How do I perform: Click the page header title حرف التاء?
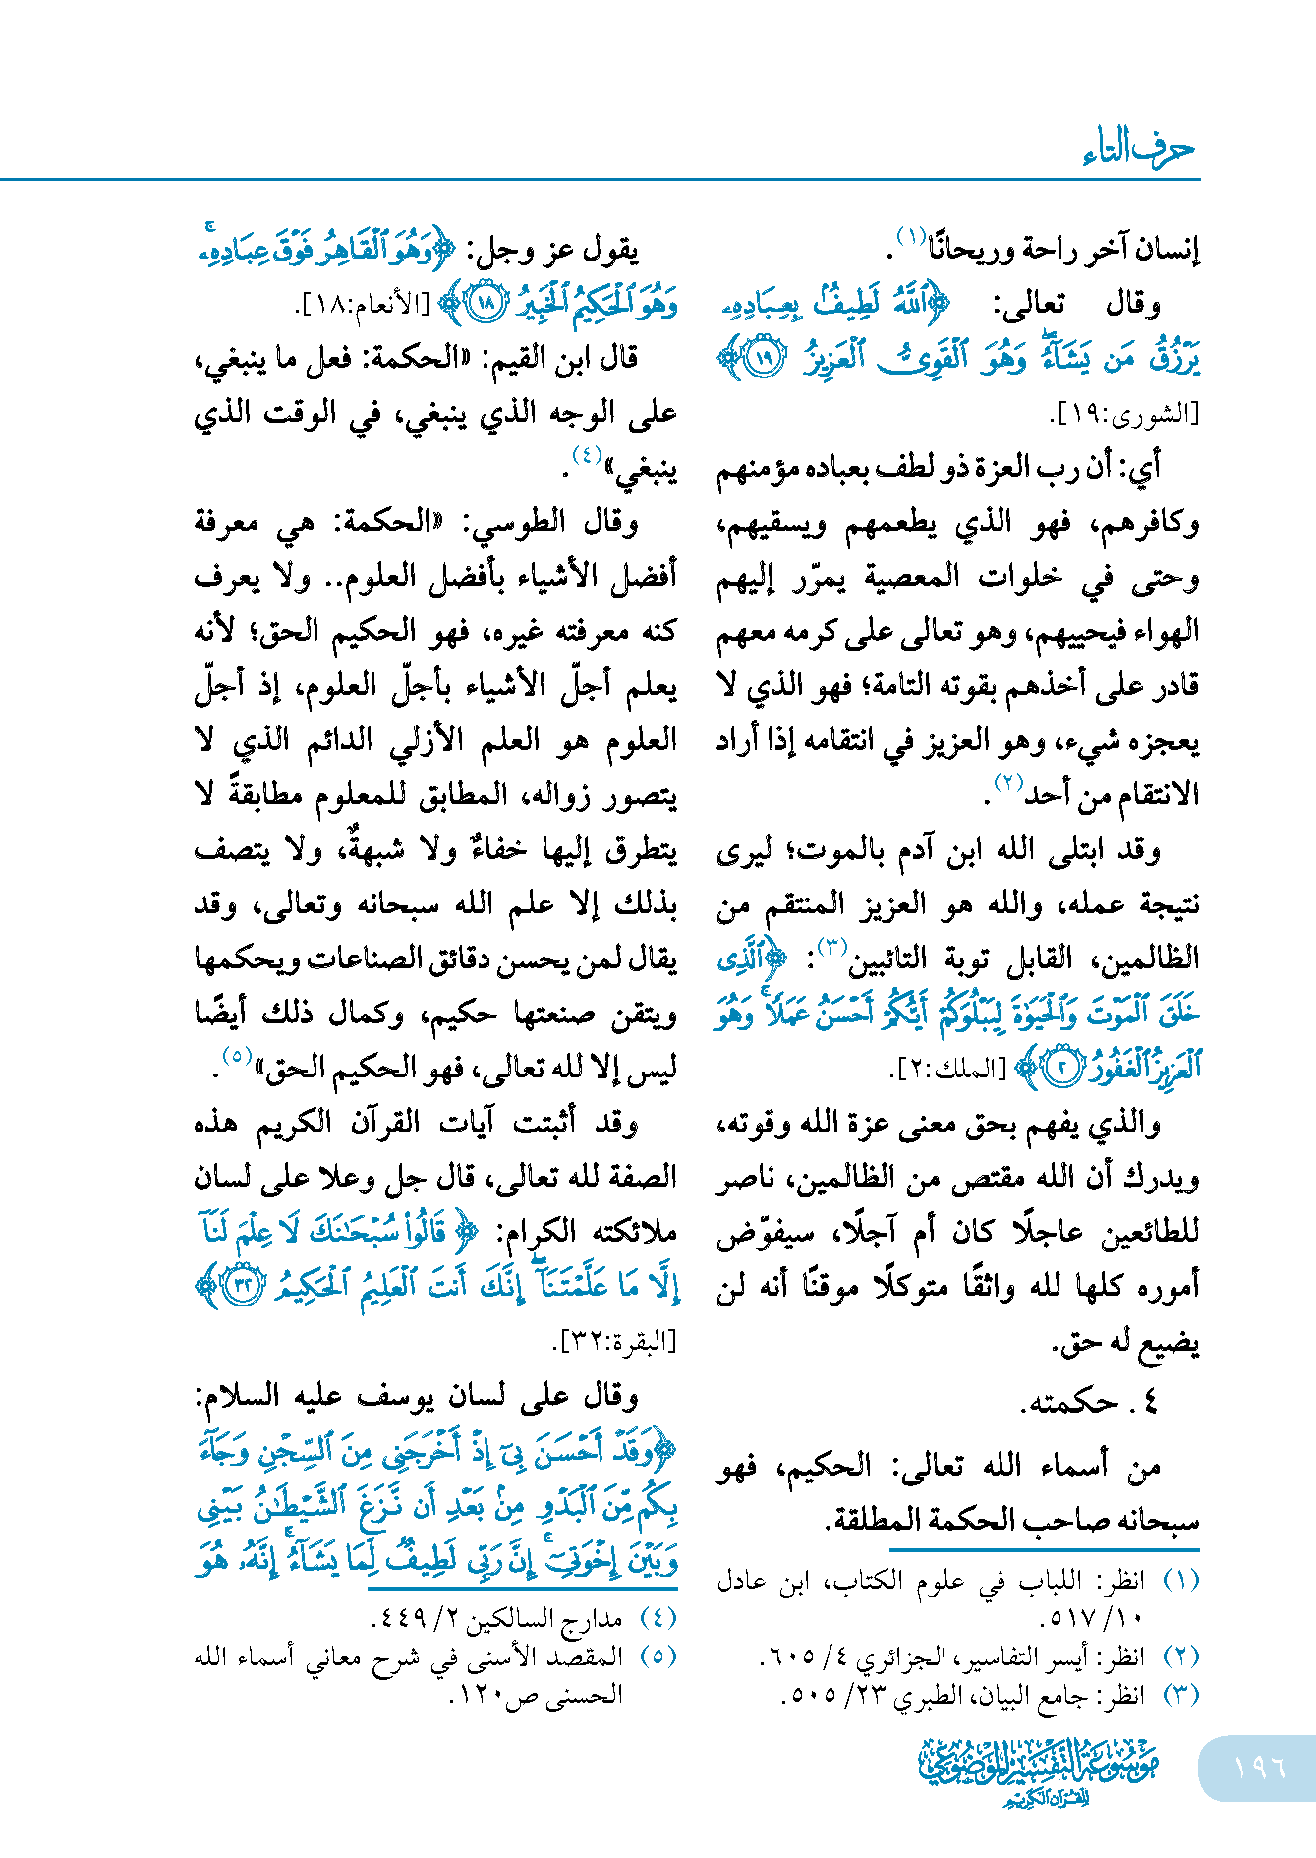click(1139, 149)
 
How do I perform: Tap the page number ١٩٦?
click(1259, 1767)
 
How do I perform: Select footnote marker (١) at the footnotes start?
click(1180, 1580)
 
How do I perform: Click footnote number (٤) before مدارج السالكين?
click(658, 1617)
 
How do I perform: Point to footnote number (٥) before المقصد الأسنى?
click(658, 1656)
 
